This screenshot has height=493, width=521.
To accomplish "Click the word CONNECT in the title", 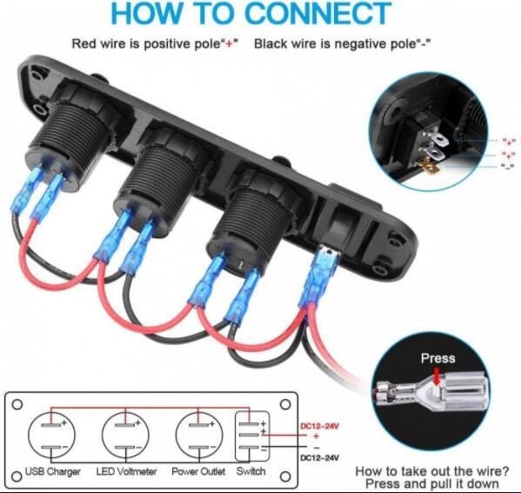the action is point(318,13).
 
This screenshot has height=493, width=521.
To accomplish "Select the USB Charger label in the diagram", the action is point(53,471).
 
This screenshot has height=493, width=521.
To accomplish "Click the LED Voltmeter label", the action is point(126,471).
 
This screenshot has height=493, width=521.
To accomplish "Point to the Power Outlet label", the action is point(198,471).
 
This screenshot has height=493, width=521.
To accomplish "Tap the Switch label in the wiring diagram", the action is point(250,471).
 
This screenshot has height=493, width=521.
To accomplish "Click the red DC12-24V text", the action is point(319,426).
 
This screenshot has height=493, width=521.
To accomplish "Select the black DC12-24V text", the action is point(319,457).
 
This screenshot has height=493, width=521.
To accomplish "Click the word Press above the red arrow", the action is point(438,358).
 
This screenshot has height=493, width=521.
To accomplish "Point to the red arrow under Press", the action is point(438,376).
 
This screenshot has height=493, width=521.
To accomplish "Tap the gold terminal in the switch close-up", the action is point(428,166).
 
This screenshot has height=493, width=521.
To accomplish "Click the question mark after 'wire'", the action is point(504,470).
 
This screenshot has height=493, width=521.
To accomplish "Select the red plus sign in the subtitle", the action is point(229,44).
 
